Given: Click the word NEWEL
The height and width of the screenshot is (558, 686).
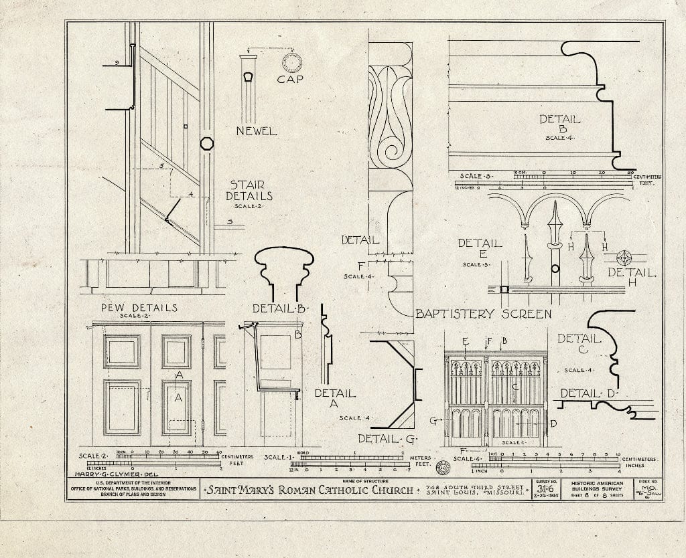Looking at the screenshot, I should [x=255, y=131].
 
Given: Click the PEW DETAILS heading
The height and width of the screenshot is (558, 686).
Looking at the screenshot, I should [x=139, y=308].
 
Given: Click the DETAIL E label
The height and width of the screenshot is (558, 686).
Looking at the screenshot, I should [x=480, y=249].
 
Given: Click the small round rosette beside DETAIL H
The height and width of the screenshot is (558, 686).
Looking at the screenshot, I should [x=624, y=258].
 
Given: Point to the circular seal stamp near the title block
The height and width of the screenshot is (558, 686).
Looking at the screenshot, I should [x=442, y=468].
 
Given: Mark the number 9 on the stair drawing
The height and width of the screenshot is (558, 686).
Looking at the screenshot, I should [x=117, y=63].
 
